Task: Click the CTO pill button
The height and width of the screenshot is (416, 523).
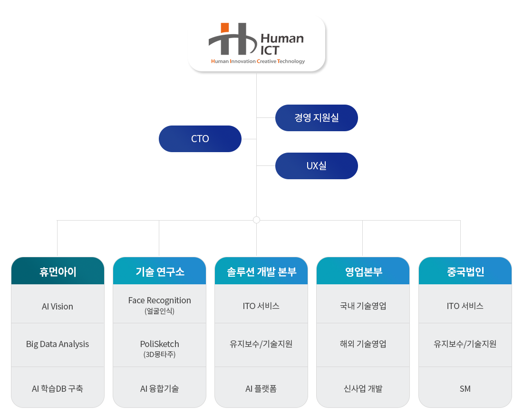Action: pyautogui.click(x=200, y=139)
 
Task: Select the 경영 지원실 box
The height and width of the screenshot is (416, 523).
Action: pyautogui.click(x=317, y=118)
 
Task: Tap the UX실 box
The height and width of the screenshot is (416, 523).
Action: pyautogui.click(x=317, y=166)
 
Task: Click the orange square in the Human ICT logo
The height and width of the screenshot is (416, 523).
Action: pyautogui.click(x=225, y=28)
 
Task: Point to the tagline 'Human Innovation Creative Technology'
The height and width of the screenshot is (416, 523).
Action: pyautogui.click(x=258, y=61)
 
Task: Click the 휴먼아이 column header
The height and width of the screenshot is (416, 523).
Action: pyautogui.click(x=58, y=271)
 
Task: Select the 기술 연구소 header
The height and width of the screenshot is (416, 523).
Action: pyautogui.click(x=159, y=271)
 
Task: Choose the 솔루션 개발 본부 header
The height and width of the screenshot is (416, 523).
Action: pyautogui.click(x=261, y=271)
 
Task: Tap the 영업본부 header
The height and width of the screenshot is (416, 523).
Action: pyautogui.click(x=363, y=271)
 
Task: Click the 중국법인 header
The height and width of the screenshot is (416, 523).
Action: pyautogui.click(x=465, y=271)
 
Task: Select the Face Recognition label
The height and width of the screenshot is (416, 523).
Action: pyautogui.click(x=159, y=300)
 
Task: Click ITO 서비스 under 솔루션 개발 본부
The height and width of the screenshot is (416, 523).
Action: pyautogui.click(x=261, y=306)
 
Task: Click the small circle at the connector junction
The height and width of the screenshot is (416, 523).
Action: pyautogui.click(x=256, y=220)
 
